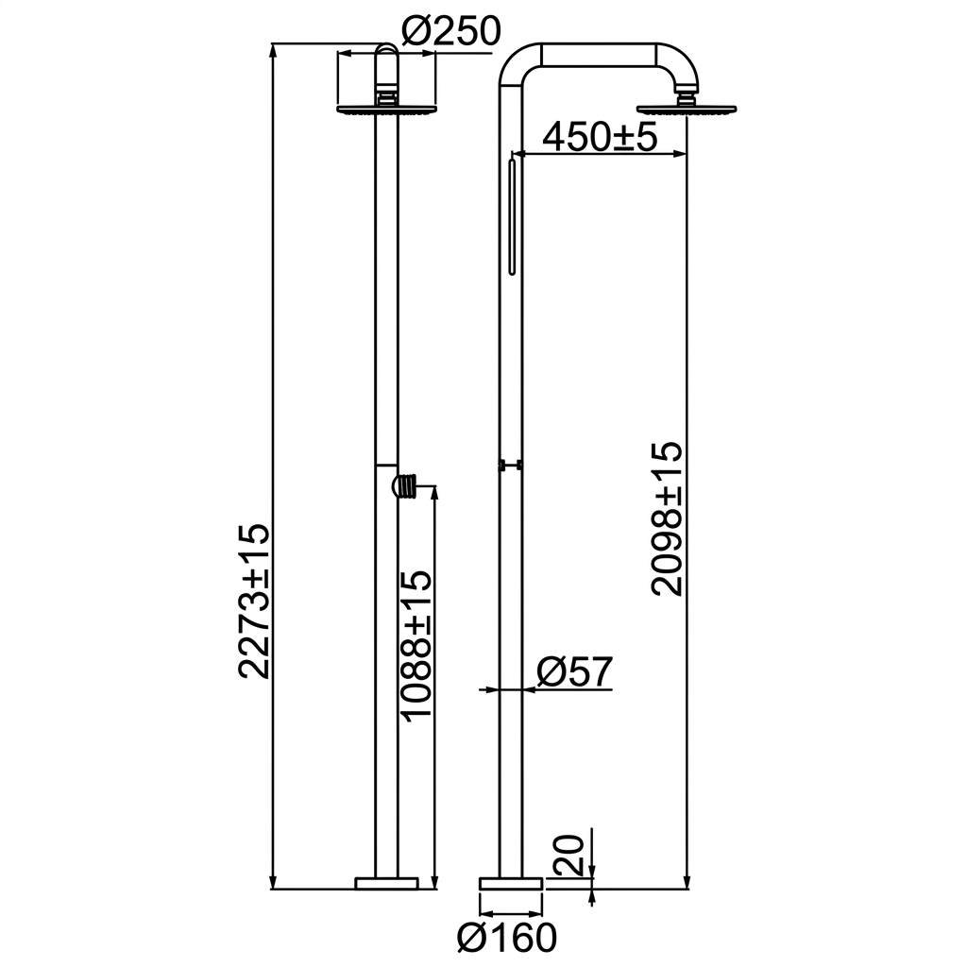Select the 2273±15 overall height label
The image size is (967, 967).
point(254,602)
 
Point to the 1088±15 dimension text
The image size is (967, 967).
point(416,644)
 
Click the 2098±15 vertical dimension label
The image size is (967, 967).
point(668,518)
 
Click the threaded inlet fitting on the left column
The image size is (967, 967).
point(405,484)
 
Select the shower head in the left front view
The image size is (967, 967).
point(386,110)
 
